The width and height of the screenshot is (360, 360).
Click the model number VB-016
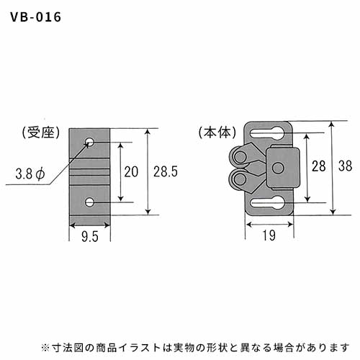click(x=36, y=17)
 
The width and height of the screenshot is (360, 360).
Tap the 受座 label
click(x=40, y=132)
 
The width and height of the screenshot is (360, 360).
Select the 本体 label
click(x=217, y=132)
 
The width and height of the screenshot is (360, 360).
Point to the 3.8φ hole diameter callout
click(x=30, y=174)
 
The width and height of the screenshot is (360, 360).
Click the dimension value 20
click(x=131, y=171)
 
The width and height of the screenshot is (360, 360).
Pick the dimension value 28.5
click(x=166, y=171)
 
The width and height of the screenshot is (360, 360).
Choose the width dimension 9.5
click(x=90, y=237)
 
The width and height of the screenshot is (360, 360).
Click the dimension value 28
click(x=319, y=166)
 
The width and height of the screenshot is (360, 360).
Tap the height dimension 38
click(x=346, y=166)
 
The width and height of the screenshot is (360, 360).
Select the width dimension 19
click(x=269, y=235)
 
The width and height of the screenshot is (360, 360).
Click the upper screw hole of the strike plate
click(x=90, y=142)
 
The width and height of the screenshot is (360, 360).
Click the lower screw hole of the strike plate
click(x=90, y=202)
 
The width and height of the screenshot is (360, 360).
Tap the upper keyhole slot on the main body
click(x=268, y=132)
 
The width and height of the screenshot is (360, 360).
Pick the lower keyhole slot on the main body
click(x=268, y=203)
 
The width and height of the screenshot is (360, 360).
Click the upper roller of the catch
click(x=240, y=157)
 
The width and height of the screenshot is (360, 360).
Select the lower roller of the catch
click(x=240, y=179)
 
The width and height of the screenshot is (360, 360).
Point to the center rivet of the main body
click(x=279, y=168)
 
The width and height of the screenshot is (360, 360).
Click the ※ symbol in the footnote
click(x=45, y=347)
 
